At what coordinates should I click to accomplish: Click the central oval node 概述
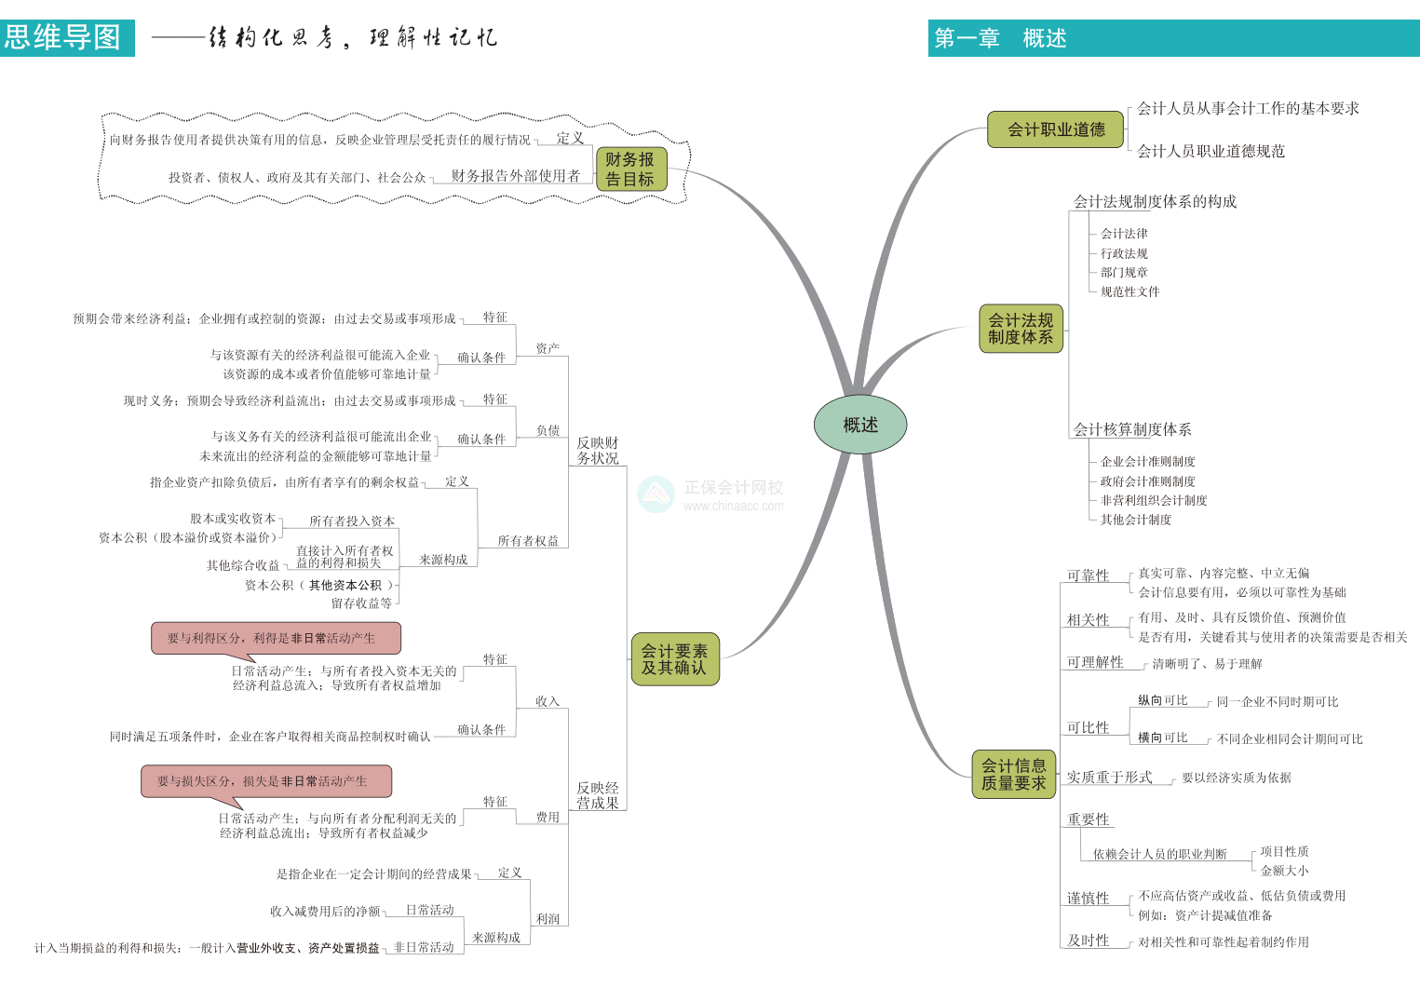point(859,425)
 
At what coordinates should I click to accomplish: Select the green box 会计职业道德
point(1056,129)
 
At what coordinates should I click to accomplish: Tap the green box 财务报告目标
point(630,169)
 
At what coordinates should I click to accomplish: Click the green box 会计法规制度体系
point(1021,328)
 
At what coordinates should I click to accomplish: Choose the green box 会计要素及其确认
point(674,659)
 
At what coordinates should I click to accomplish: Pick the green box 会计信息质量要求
point(1013,774)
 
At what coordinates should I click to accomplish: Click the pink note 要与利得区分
point(276,638)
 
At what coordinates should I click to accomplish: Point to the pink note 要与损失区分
point(266,781)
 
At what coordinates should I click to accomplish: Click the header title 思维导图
point(63,37)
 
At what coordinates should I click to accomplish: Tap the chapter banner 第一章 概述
point(1000,38)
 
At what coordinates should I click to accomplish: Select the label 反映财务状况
point(597,451)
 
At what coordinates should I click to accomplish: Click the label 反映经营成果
point(597,795)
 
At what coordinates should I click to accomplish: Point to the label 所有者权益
point(527,541)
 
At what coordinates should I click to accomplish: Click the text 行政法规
point(1124,253)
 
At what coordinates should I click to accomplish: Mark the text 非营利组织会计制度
point(1154,500)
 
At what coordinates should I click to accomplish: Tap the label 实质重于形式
point(1109,777)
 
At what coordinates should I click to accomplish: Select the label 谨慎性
point(1088,898)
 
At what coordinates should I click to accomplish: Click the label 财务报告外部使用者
point(515,175)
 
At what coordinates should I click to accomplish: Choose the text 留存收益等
point(361,603)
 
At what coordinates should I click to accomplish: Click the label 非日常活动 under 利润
point(424,947)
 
